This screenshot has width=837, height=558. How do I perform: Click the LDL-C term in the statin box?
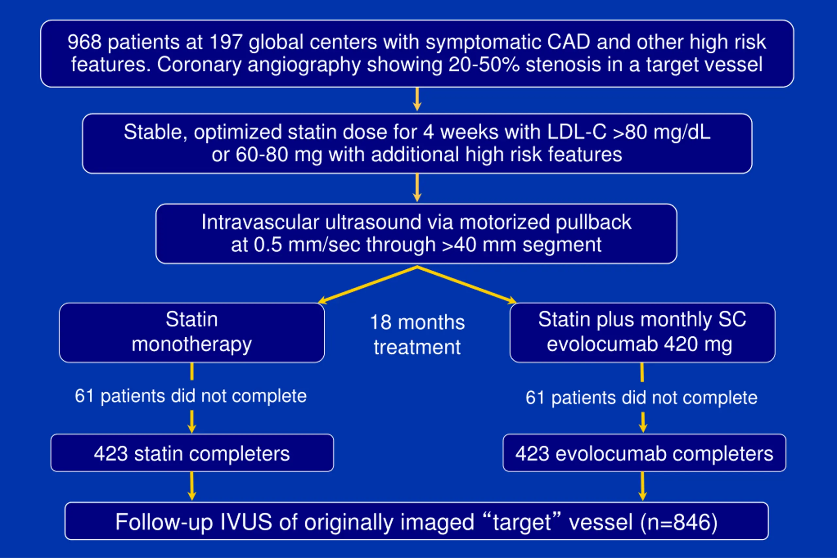point(576,132)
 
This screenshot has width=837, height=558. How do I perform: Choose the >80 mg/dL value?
point(661,132)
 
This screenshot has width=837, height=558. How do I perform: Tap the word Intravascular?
point(260,222)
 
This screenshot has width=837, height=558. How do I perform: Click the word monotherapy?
point(192,345)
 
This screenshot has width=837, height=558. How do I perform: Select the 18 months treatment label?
point(418,334)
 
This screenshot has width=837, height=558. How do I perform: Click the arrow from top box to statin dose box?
point(417,99)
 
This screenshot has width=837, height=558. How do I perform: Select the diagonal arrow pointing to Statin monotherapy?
point(367,284)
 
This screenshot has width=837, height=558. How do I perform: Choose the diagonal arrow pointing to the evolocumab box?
point(467,284)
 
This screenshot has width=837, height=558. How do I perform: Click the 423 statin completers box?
point(192,453)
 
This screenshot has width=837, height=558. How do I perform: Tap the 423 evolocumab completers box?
point(644,453)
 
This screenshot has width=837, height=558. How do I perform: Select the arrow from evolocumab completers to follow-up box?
point(642,486)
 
